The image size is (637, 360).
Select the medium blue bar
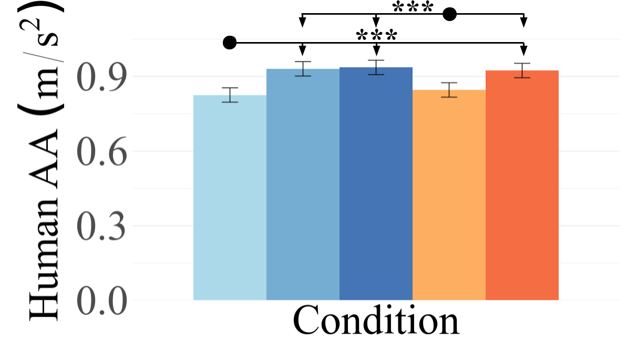(x=303, y=184)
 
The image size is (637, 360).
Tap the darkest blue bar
(x=376, y=184)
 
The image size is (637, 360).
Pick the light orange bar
(x=449, y=195)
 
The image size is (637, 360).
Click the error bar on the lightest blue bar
(x=230, y=95)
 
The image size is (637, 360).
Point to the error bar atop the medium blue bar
(x=303, y=69)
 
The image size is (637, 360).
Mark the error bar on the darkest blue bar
(x=376, y=67)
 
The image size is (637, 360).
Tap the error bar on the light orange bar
(x=449, y=90)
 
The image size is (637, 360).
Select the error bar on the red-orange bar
(x=522, y=70)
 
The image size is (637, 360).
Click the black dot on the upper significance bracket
(x=449, y=14)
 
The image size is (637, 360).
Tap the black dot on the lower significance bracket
(x=230, y=43)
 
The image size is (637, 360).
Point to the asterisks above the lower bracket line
(x=376, y=36)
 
